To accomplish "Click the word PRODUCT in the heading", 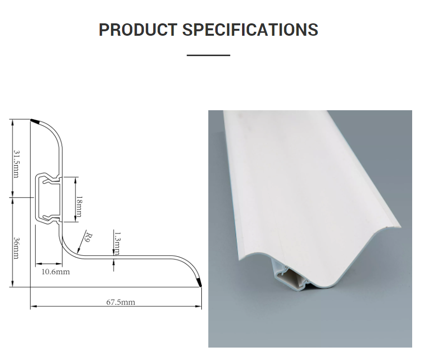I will point(137,30).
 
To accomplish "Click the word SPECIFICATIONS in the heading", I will point(250,30).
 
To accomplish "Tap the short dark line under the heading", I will point(208,55).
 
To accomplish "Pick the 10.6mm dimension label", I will point(56,272).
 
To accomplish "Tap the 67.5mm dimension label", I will point(121,301).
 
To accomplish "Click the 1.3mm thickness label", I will point(117,241).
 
